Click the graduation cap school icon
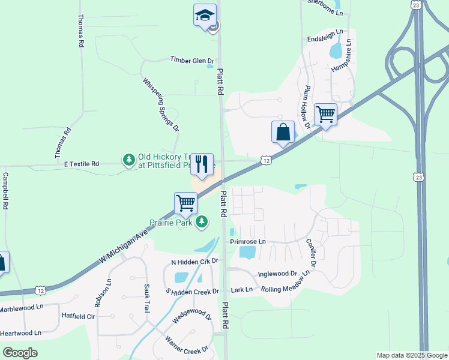205,15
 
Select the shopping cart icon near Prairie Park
186,203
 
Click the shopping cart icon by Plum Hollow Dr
325,113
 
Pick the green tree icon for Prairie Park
203,222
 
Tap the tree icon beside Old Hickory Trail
128,159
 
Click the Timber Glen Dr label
192,60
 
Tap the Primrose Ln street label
247,242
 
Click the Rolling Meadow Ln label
285,281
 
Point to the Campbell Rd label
6,191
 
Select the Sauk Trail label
146,299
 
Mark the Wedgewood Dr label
192,316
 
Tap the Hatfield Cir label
79,316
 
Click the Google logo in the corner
20,353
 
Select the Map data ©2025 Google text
412,355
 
